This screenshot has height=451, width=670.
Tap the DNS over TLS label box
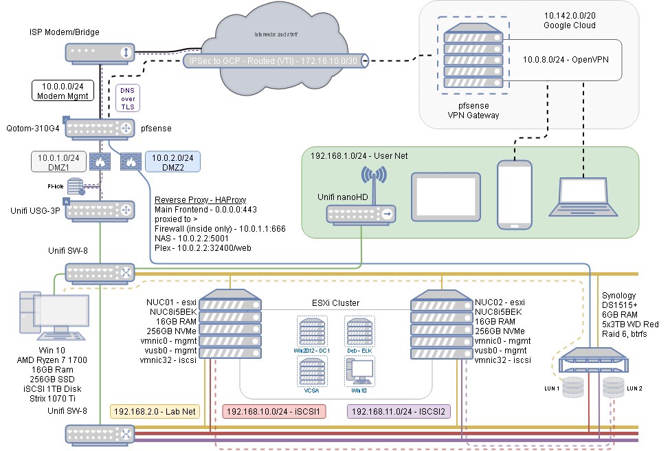(x=129, y=98)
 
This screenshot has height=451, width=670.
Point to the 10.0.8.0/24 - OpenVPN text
(x=566, y=60)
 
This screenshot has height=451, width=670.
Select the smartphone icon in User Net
(x=515, y=194)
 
